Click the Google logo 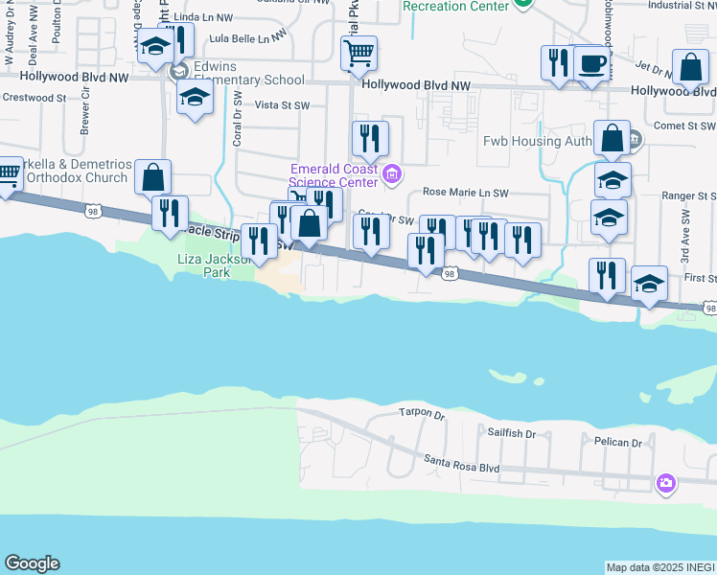32,563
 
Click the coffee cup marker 590,64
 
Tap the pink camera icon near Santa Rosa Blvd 666,483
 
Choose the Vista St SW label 282,105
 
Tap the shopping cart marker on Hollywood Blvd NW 358,54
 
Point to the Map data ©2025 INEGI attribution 660,567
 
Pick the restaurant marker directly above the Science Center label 369,140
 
